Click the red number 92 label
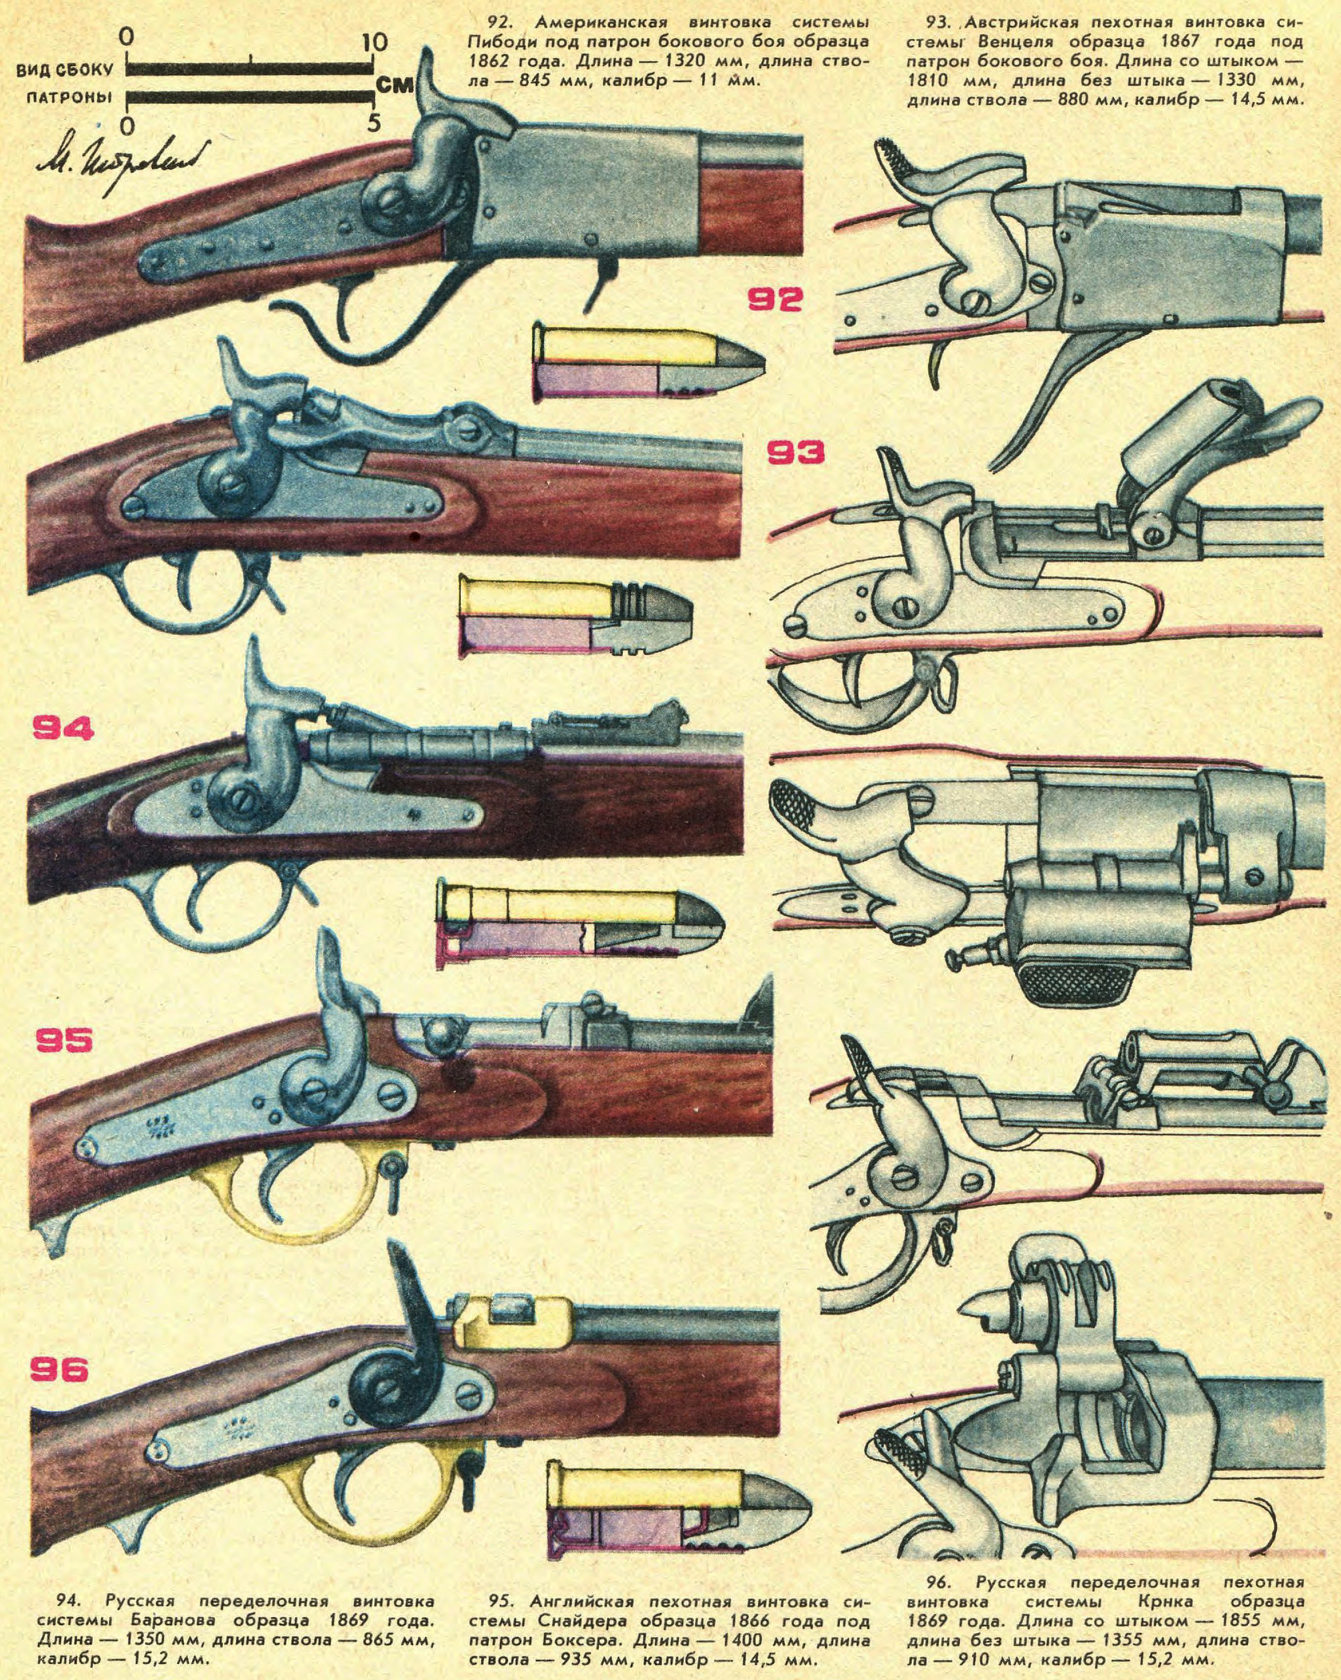point(775,299)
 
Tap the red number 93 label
point(794,452)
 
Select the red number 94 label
point(62,728)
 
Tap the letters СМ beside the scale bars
point(394,86)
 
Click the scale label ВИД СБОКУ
point(66,70)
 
